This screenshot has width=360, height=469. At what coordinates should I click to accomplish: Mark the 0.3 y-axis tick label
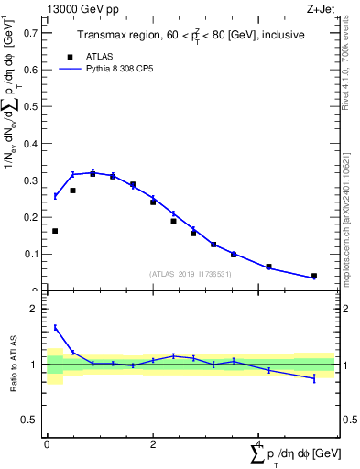coord(33,180)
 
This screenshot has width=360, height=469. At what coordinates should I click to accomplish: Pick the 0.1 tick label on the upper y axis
coord(33,254)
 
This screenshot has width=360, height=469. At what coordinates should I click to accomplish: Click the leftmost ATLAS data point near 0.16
coord(55,231)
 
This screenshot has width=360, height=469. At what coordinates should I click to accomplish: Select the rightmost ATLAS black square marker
coord(314,276)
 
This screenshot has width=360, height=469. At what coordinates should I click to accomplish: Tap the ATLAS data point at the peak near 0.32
coord(93,173)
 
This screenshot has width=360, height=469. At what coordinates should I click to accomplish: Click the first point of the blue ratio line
coord(55,327)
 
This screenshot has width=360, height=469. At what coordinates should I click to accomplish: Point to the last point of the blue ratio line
coord(314,378)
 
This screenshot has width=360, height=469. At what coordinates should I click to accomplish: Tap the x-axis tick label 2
coord(153,444)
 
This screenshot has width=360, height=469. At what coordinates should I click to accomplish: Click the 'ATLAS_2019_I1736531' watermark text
coord(191,274)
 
